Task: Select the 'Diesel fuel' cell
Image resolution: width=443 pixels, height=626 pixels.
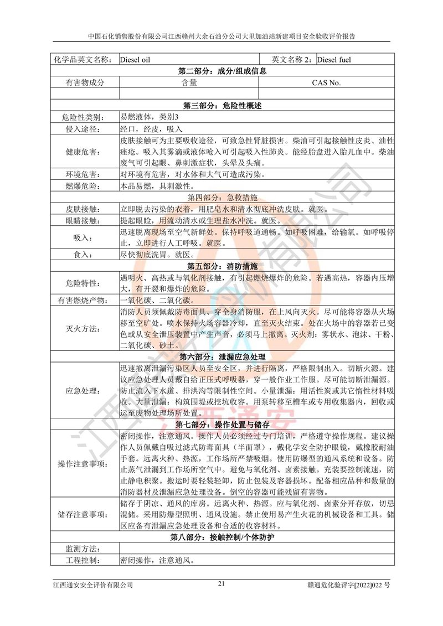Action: [338, 60]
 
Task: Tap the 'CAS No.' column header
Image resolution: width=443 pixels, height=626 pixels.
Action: [326, 82]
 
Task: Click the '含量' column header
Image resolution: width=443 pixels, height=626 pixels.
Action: [189, 82]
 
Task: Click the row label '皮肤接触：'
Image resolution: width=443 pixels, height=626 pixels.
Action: [84, 209]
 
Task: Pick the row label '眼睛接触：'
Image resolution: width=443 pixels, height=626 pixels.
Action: [84, 221]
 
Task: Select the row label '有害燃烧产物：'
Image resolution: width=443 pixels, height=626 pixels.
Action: [84, 301]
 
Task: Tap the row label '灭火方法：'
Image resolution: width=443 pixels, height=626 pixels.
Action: [84, 329]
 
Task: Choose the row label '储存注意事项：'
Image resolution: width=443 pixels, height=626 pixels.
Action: [84, 515]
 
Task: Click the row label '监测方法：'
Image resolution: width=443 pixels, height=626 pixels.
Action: [84, 549]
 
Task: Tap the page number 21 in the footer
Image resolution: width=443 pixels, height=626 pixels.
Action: [221, 583]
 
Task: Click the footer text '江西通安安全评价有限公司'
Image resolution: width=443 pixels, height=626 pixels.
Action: [93, 584]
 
